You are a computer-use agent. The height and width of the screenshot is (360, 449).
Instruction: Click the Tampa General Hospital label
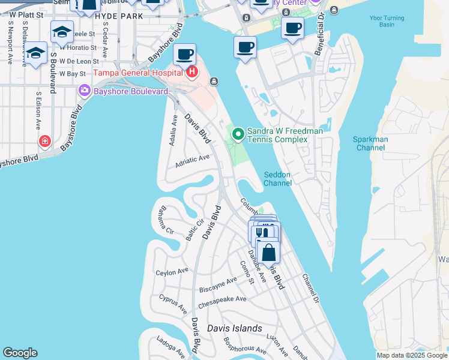pos(139,73)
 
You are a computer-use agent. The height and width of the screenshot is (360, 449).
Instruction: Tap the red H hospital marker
pos(192,73)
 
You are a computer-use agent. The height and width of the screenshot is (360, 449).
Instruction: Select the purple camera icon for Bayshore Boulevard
pos(85,90)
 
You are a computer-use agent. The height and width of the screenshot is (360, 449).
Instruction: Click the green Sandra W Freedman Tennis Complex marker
pos(238,133)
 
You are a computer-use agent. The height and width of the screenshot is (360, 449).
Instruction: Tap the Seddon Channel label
pos(277,179)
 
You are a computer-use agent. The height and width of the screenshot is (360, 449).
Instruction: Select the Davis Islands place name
pos(235,328)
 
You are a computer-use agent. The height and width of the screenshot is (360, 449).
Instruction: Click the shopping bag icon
pos(268,252)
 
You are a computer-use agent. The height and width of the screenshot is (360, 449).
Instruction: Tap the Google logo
pos(20,353)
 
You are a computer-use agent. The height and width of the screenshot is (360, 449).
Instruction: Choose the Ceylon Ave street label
pos(172,272)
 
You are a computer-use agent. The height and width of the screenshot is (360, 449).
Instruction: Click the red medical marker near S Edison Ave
pos(44,142)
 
